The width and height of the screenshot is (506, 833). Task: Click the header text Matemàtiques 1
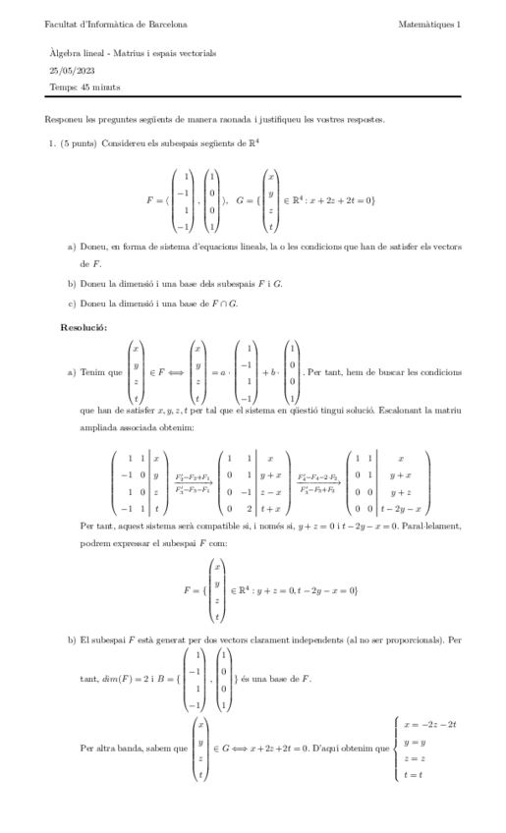431,23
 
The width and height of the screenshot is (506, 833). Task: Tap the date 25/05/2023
68,70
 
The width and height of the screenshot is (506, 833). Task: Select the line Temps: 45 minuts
80,87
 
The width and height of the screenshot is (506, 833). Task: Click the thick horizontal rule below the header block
253,100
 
